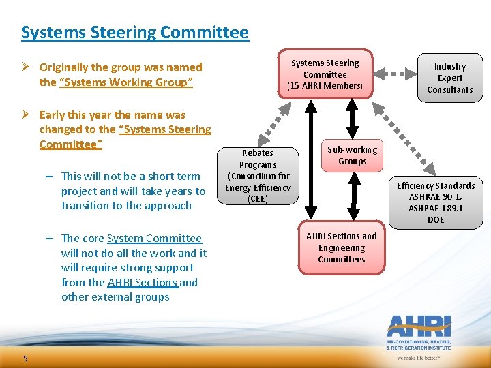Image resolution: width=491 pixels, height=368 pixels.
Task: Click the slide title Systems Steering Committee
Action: click(x=134, y=32)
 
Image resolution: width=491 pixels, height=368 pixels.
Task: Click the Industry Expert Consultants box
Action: click(x=449, y=78)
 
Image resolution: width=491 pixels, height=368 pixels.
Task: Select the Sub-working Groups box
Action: click(x=351, y=155)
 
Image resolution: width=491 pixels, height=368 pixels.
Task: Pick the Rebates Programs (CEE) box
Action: click(x=258, y=176)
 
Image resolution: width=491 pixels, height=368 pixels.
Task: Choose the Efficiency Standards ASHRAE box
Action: click(x=435, y=202)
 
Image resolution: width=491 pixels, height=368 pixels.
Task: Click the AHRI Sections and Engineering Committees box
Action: click(x=341, y=247)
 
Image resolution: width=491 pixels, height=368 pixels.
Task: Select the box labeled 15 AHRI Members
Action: click(x=325, y=74)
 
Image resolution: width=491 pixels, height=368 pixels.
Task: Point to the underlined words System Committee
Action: click(x=154, y=238)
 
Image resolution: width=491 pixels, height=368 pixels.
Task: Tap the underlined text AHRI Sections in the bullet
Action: click(x=143, y=282)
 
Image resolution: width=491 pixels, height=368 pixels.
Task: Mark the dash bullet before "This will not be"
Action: click(x=51, y=177)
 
